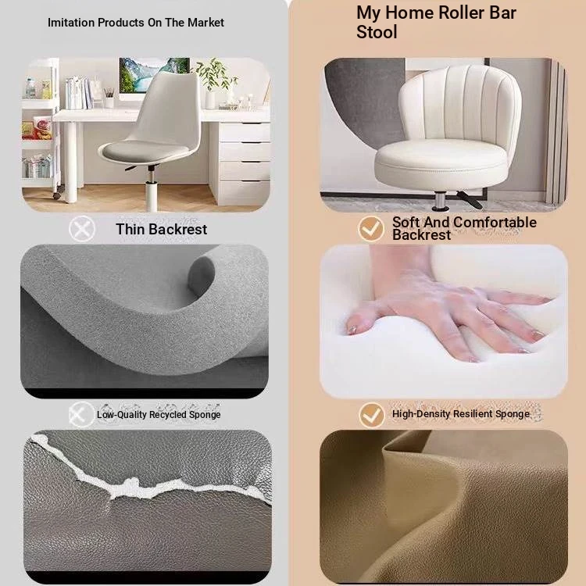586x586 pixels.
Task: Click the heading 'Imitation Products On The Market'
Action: tap(136, 23)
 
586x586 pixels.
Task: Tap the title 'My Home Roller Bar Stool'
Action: tap(436, 23)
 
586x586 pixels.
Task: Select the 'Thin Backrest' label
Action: tap(161, 229)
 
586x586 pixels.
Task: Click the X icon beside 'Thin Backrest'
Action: tap(82, 229)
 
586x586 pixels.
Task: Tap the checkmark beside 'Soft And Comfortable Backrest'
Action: tap(370, 229)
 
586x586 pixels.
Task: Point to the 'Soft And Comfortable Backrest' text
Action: tap(464, 228)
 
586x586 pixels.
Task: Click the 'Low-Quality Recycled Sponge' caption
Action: tap(159, 414)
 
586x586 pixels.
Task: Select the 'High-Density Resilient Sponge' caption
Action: tap(460, 413)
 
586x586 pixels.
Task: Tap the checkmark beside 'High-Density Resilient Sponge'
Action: tap(371, 415)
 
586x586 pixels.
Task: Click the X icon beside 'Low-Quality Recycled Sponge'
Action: tap(81, 414)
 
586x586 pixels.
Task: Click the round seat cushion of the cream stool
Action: tap(441, 161)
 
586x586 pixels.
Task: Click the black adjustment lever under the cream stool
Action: tap(470, 200)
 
